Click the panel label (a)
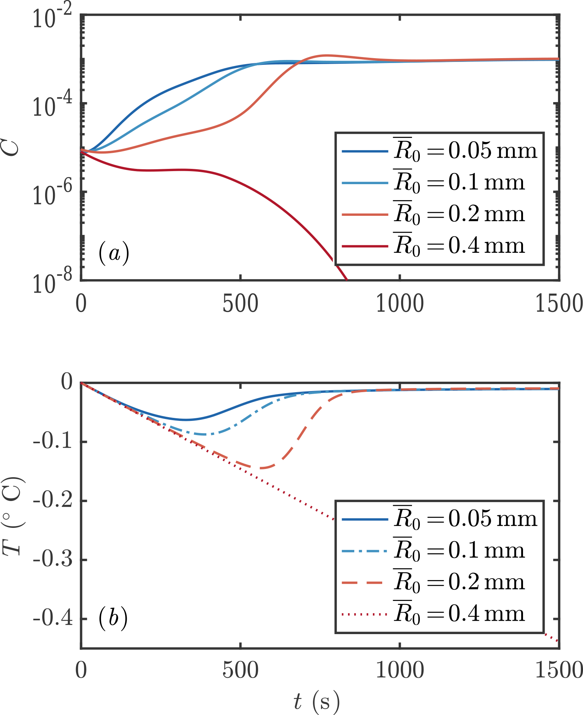coord(114,253)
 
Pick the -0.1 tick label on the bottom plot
coord(53,442)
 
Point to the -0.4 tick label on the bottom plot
coord(53,619)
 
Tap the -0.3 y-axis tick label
coord(53,560)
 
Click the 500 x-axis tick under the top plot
coord(240,303)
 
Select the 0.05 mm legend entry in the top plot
coord(440,151)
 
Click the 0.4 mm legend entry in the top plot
coord(440,246)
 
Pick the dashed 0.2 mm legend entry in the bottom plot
coord(440,582)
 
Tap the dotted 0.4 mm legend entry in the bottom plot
coord(440,614)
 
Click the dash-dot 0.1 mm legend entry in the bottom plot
coord(440,550)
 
